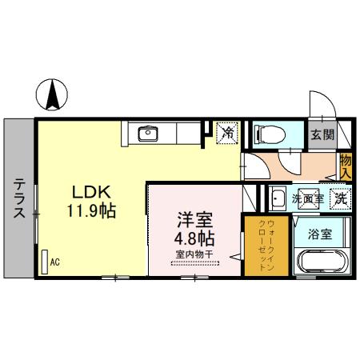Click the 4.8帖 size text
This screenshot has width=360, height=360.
[x=195, y=238]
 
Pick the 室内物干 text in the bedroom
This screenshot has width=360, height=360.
[x=195, y=255]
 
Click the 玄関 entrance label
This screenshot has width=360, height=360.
[x=323, y=134]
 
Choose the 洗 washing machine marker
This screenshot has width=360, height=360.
[x=341, y=197]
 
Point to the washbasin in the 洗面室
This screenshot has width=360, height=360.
[x=278, y=197]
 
